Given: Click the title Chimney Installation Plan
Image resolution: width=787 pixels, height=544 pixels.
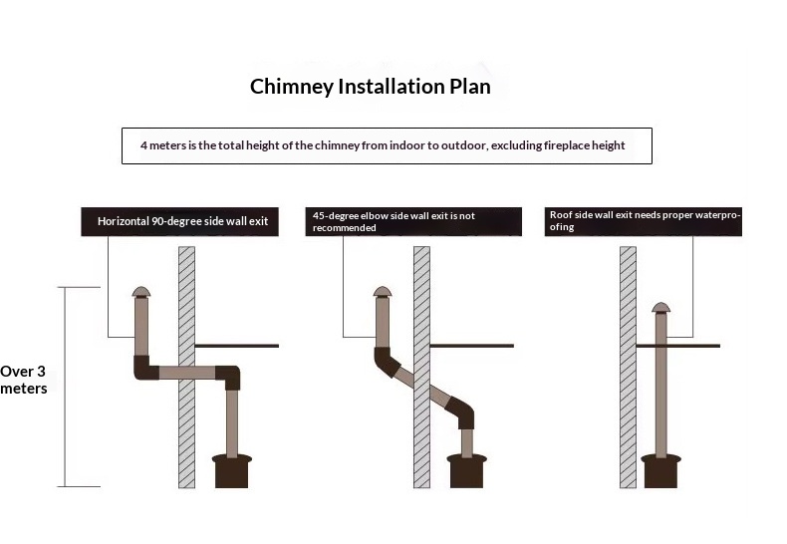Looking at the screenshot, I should (370, 87).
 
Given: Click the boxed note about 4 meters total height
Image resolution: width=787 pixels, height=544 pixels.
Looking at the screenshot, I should (387, 145).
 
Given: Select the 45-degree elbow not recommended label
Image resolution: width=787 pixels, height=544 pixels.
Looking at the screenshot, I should (415, 221).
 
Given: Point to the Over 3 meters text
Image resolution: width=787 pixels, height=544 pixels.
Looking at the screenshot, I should (24, 380).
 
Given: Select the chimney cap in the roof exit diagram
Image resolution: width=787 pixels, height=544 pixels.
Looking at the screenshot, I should (658, 306).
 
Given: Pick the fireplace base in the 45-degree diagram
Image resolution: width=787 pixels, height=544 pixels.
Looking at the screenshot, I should (468, 470).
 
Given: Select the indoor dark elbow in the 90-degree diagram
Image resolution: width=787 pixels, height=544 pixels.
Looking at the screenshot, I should (228, 377).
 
